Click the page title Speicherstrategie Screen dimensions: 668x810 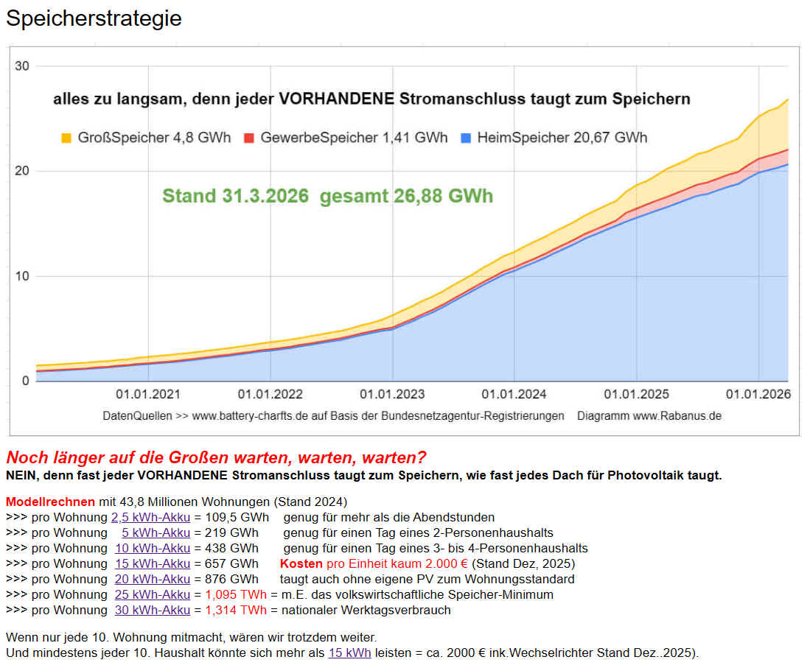pyautogui.click(x=94, y=18)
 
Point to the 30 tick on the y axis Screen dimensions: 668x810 pyautogui.click(x=22, y=66)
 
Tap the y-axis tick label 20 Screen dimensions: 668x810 pyautogui.click(x=22, y=171)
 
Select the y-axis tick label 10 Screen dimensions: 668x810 pyautogui.click(x=22, y=276)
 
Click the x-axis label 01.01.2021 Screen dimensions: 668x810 pyautogui.click(x=148, y=395)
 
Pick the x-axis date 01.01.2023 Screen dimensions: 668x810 pyautogui.click(x=391, y=395)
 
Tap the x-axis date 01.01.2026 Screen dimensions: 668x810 pyautogui.click(x=758, y=395)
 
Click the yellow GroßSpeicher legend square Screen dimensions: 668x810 pyautogui.click(x=67, y=138)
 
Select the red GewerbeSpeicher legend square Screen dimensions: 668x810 pyautogui.click(x=248, y=138)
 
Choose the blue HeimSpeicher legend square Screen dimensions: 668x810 pyautogui.click(x=465, y=138)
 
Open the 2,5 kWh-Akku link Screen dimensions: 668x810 pyautogui.click(x=150, y=517)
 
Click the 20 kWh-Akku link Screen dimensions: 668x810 pyautogui.click(x=153, y=579)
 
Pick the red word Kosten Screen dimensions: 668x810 pyautogui.click(x=301, y=563)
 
